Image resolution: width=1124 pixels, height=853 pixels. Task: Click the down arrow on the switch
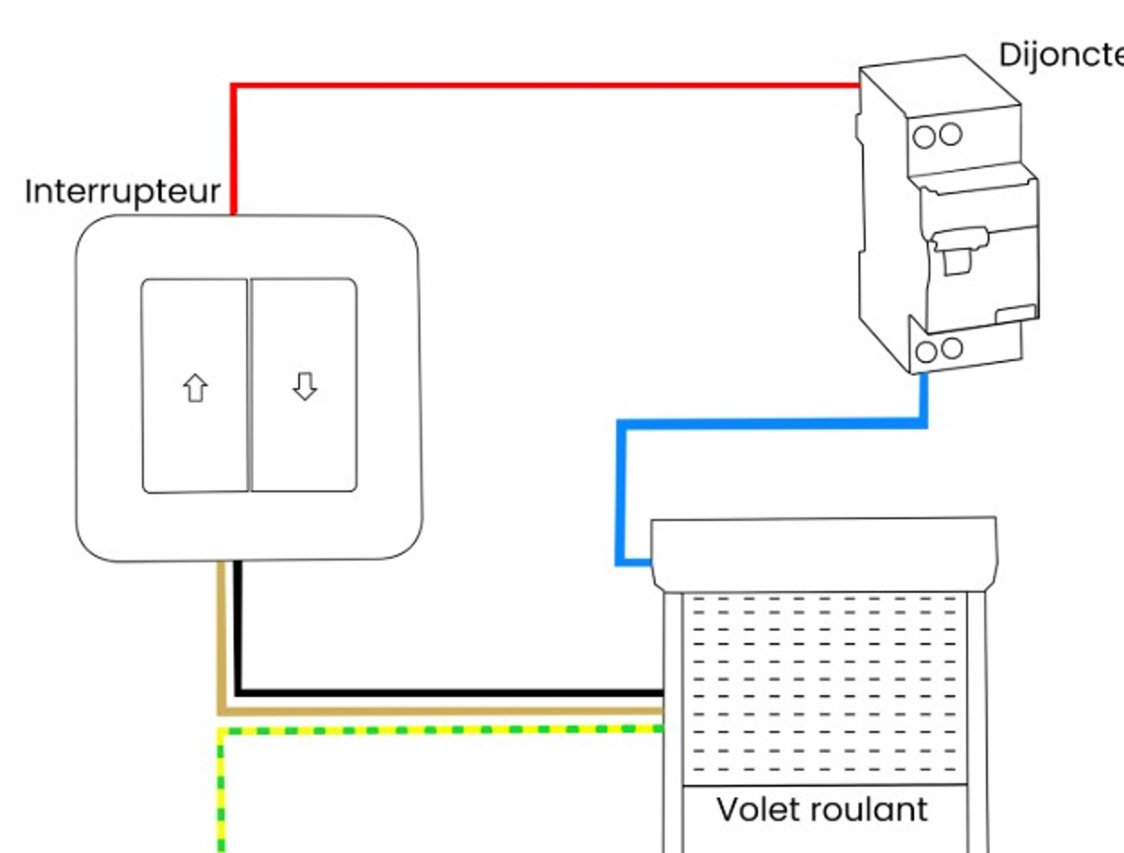pos(305,387)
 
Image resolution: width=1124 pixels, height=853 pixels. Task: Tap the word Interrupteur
pos(122,192)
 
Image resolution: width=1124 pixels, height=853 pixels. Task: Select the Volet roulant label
pos(822,810)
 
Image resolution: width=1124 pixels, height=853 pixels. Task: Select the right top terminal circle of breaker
pos(950,135)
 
